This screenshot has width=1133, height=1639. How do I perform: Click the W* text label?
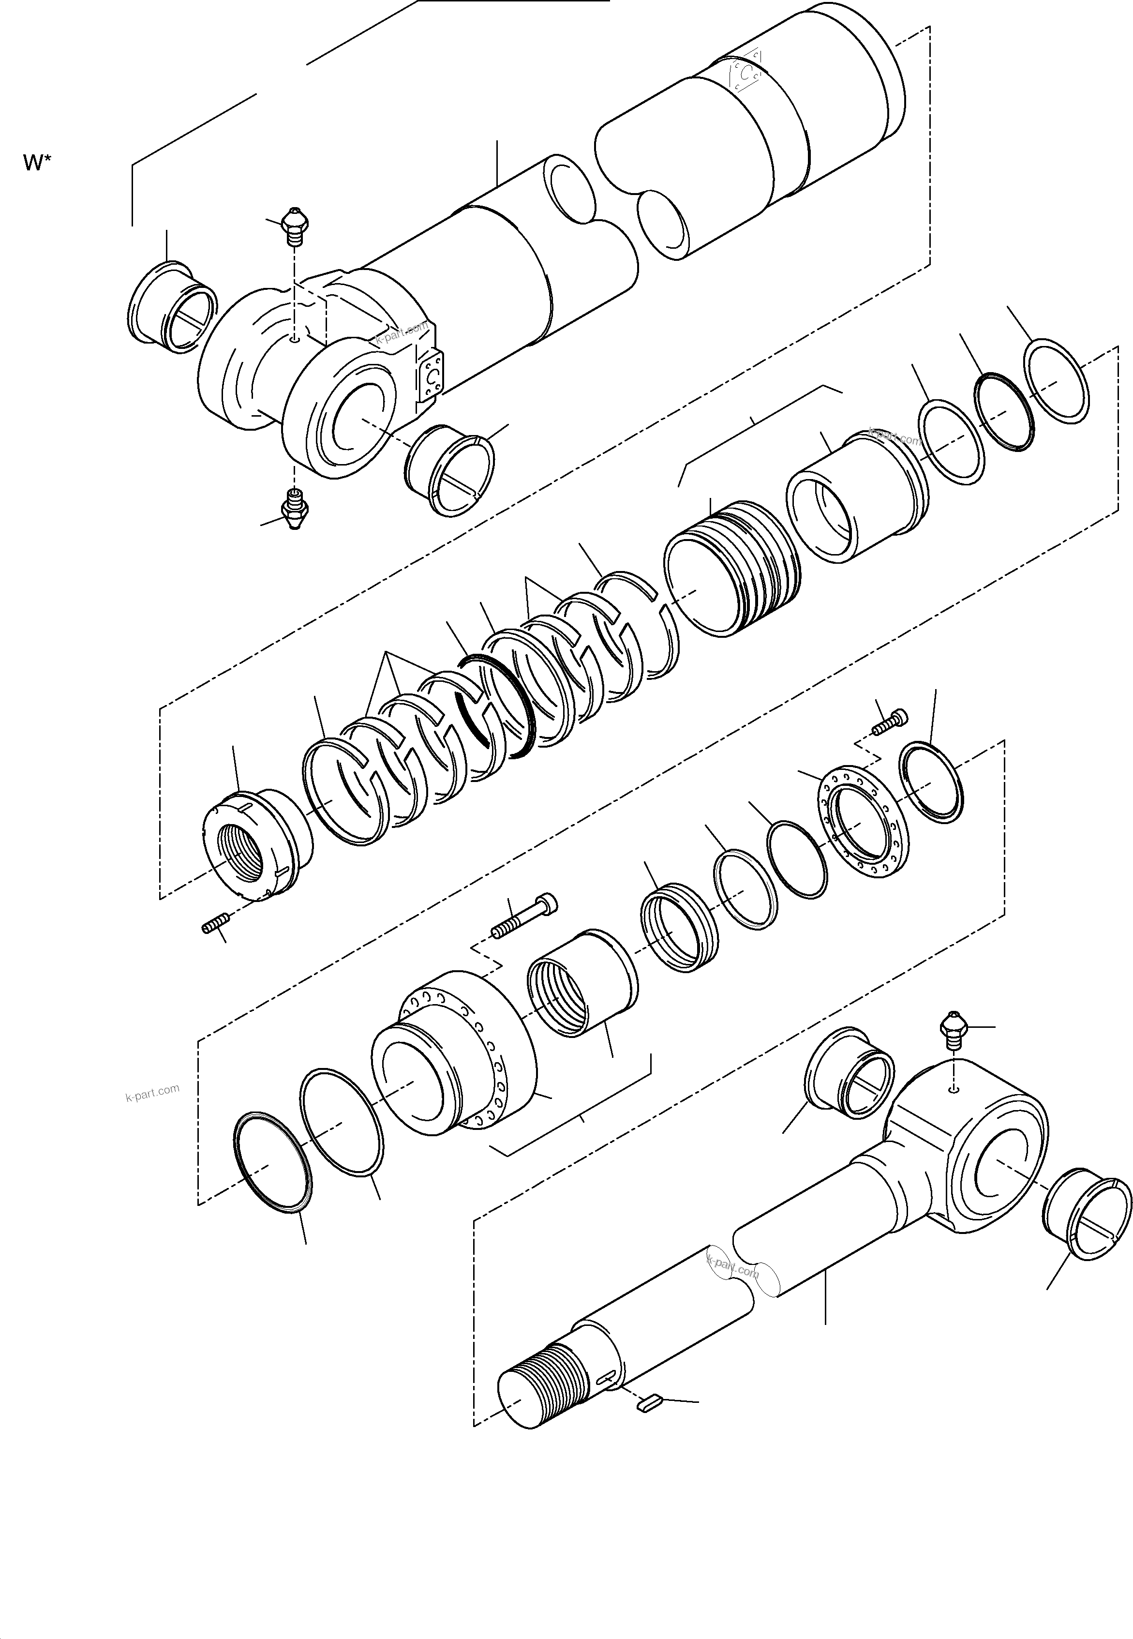pyautogui.click(x=37, y=163)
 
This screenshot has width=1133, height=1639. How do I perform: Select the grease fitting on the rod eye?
pyautogui.click(x=954, y=1030)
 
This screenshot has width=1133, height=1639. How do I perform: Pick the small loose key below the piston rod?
pyautogui.click(x=649, y=1401)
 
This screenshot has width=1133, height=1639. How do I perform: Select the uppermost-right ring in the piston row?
pyautogui.click(x=1057, y=382)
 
